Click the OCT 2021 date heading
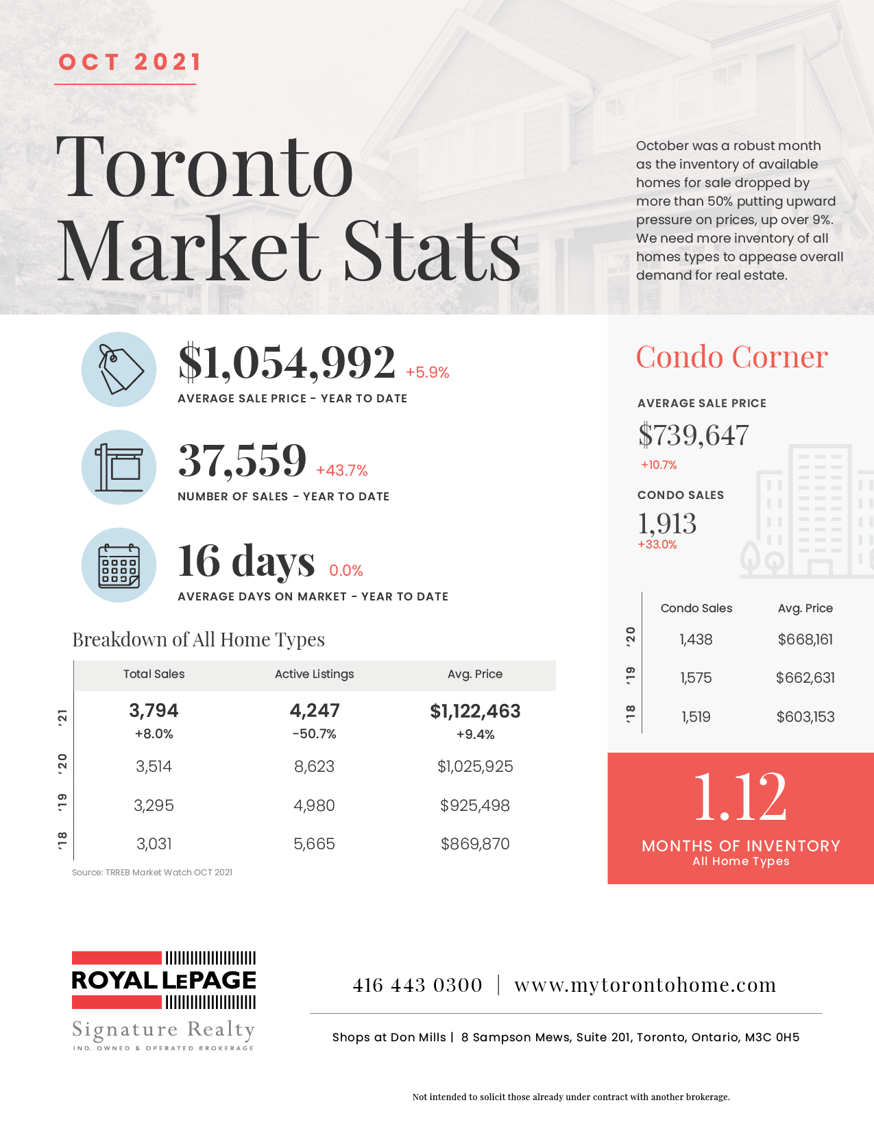point(130,62)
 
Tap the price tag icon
point(119,369)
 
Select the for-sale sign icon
point(119,467)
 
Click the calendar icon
point(119,565)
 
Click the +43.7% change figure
point(341,471)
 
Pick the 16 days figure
point(246,561)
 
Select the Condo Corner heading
point(731,357)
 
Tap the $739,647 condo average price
point(693,435)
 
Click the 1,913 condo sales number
point(667,524)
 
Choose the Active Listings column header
point(314,674)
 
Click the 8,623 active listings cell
point(314,766)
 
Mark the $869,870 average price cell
point(475,844)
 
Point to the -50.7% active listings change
point(314,734)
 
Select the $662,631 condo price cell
point(805,678)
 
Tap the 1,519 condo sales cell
point(696,717)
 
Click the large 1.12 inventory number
point(740,796)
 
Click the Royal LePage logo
point(164,981)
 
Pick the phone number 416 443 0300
point(417,986)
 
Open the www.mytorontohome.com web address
point(645,986)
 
